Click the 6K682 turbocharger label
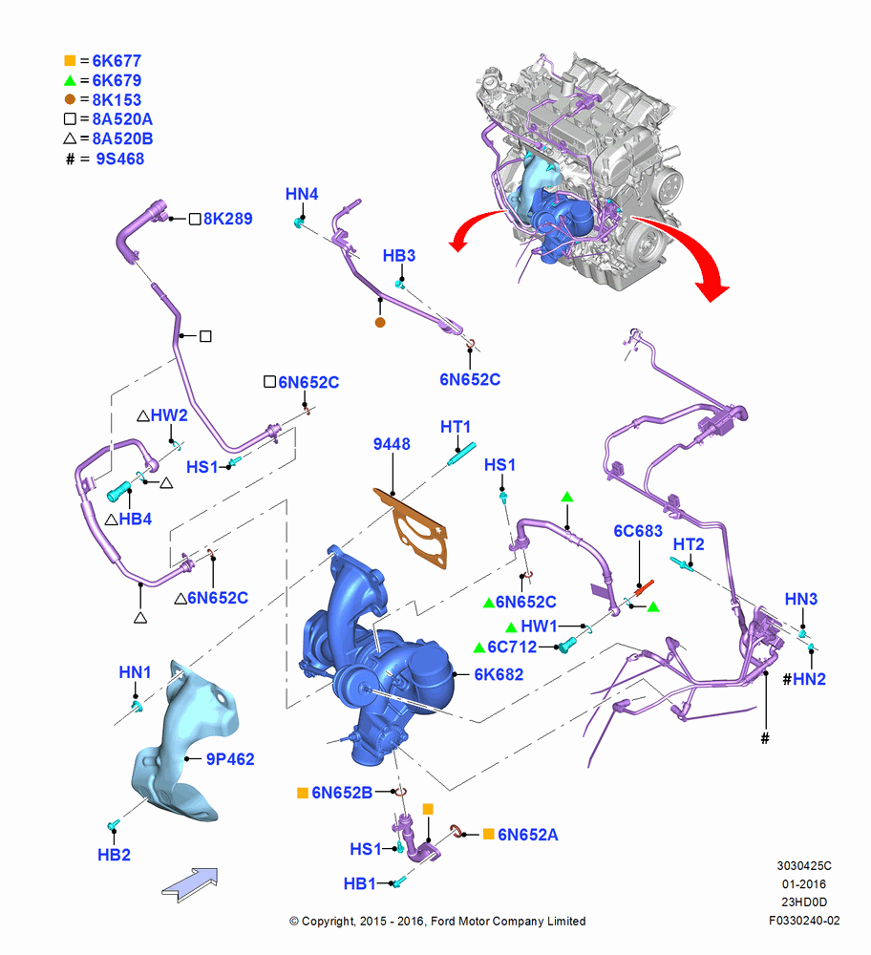click(x=499, y=674)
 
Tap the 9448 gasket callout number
click(x=392, y=444)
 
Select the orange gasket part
click(x=411, y=528)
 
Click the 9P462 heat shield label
click(x=229, y=759)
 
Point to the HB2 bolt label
click(x=114, y=855)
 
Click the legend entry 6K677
click(x=117, y=61)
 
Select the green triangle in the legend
click(x=70, y=80)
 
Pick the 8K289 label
click(x=228, y=219)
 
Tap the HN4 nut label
click(x=302, y=194)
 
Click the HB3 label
click(x=399, y=255)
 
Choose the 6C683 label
click(x=638, y=531)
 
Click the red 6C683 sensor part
click(x=645, y=587)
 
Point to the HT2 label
click(x=689, y=544)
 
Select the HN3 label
click(x=801, y=599)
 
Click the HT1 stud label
click(x=456, y=427)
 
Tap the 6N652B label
click(x=342, y=793)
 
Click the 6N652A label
click(x=527, y=835)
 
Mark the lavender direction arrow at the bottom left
click(x=190, y=884)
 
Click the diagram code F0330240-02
click(x=804, y=921)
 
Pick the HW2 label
click(x=169, y=415)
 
